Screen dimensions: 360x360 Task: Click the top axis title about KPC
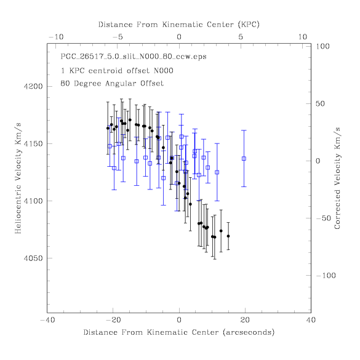coord(179,25)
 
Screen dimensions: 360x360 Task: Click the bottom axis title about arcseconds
coord(179,332)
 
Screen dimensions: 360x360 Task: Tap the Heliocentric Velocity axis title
coord(18,178)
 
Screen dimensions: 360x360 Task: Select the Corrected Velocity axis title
coord(337,178)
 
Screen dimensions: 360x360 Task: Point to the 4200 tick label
coord(33,86)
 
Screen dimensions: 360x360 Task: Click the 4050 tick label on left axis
coord(33,258)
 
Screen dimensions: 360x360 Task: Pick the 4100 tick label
coord(33,201)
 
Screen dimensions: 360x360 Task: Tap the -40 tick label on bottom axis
coord(47,320)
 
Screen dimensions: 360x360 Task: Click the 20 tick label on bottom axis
coord(245,320)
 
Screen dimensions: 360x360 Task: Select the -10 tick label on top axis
coord(56,37)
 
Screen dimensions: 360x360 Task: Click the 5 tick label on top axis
coord(241,37)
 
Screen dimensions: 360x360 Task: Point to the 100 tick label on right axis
coord(322,46)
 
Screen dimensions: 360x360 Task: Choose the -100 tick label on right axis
coord(326,275)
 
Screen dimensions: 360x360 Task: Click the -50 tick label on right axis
coord(324,218)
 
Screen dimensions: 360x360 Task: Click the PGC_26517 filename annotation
coord(134,57)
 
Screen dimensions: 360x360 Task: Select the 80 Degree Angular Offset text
coord(112,83)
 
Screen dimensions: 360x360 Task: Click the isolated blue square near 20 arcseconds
coord(244,158)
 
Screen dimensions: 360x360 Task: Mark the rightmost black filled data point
coord(228,236)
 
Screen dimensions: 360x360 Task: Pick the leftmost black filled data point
coord(108,128)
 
